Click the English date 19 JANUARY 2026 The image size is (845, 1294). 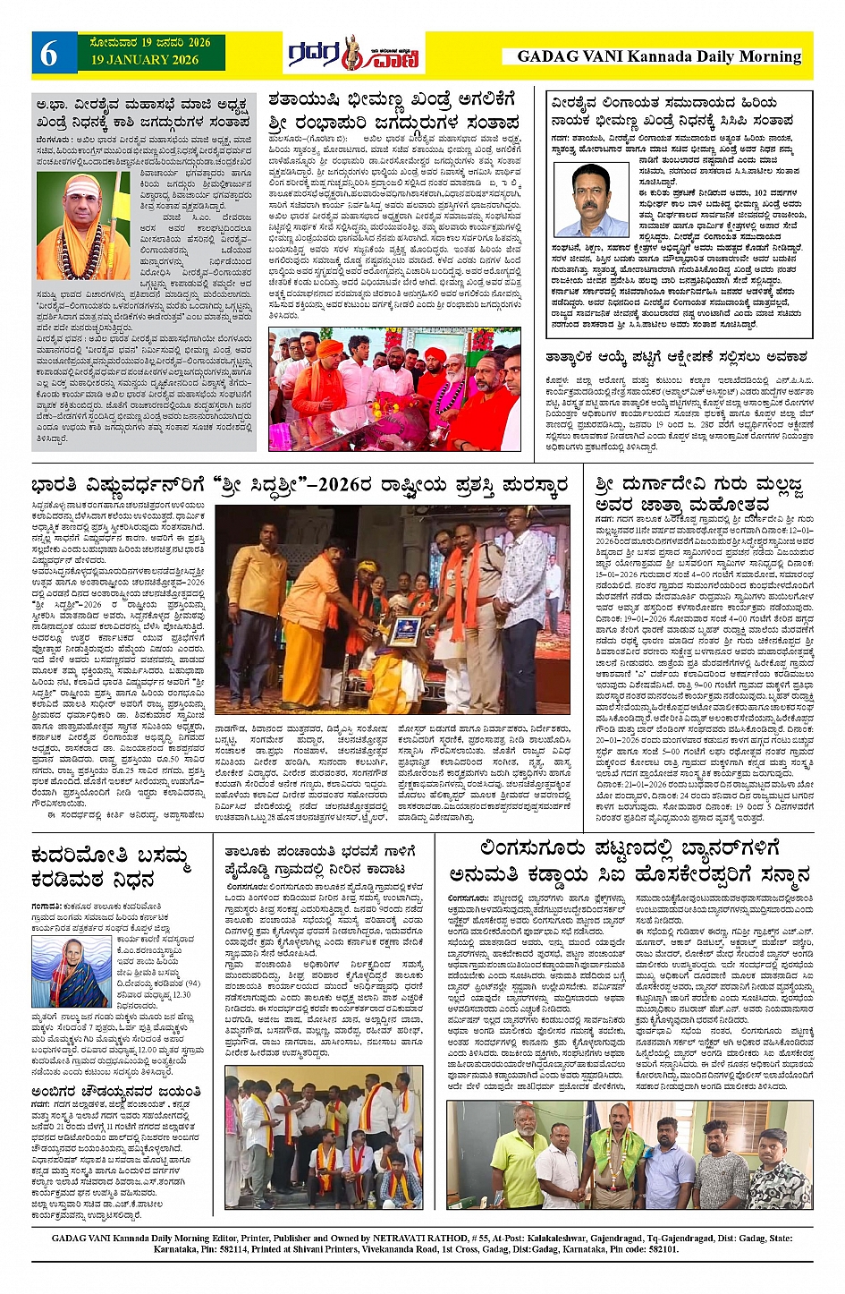tap(144, 60)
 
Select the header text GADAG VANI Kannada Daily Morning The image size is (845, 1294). tap(658, 56)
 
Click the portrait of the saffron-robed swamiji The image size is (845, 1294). tap(82, 226)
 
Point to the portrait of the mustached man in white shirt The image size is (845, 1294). tap(593, 200)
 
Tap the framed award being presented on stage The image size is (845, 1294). tap(405, 631)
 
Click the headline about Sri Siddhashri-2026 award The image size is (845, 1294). tap(300, 488)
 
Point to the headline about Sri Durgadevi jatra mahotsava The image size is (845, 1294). tap(698, 495)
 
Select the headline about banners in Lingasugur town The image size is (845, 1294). tap(630, 860)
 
